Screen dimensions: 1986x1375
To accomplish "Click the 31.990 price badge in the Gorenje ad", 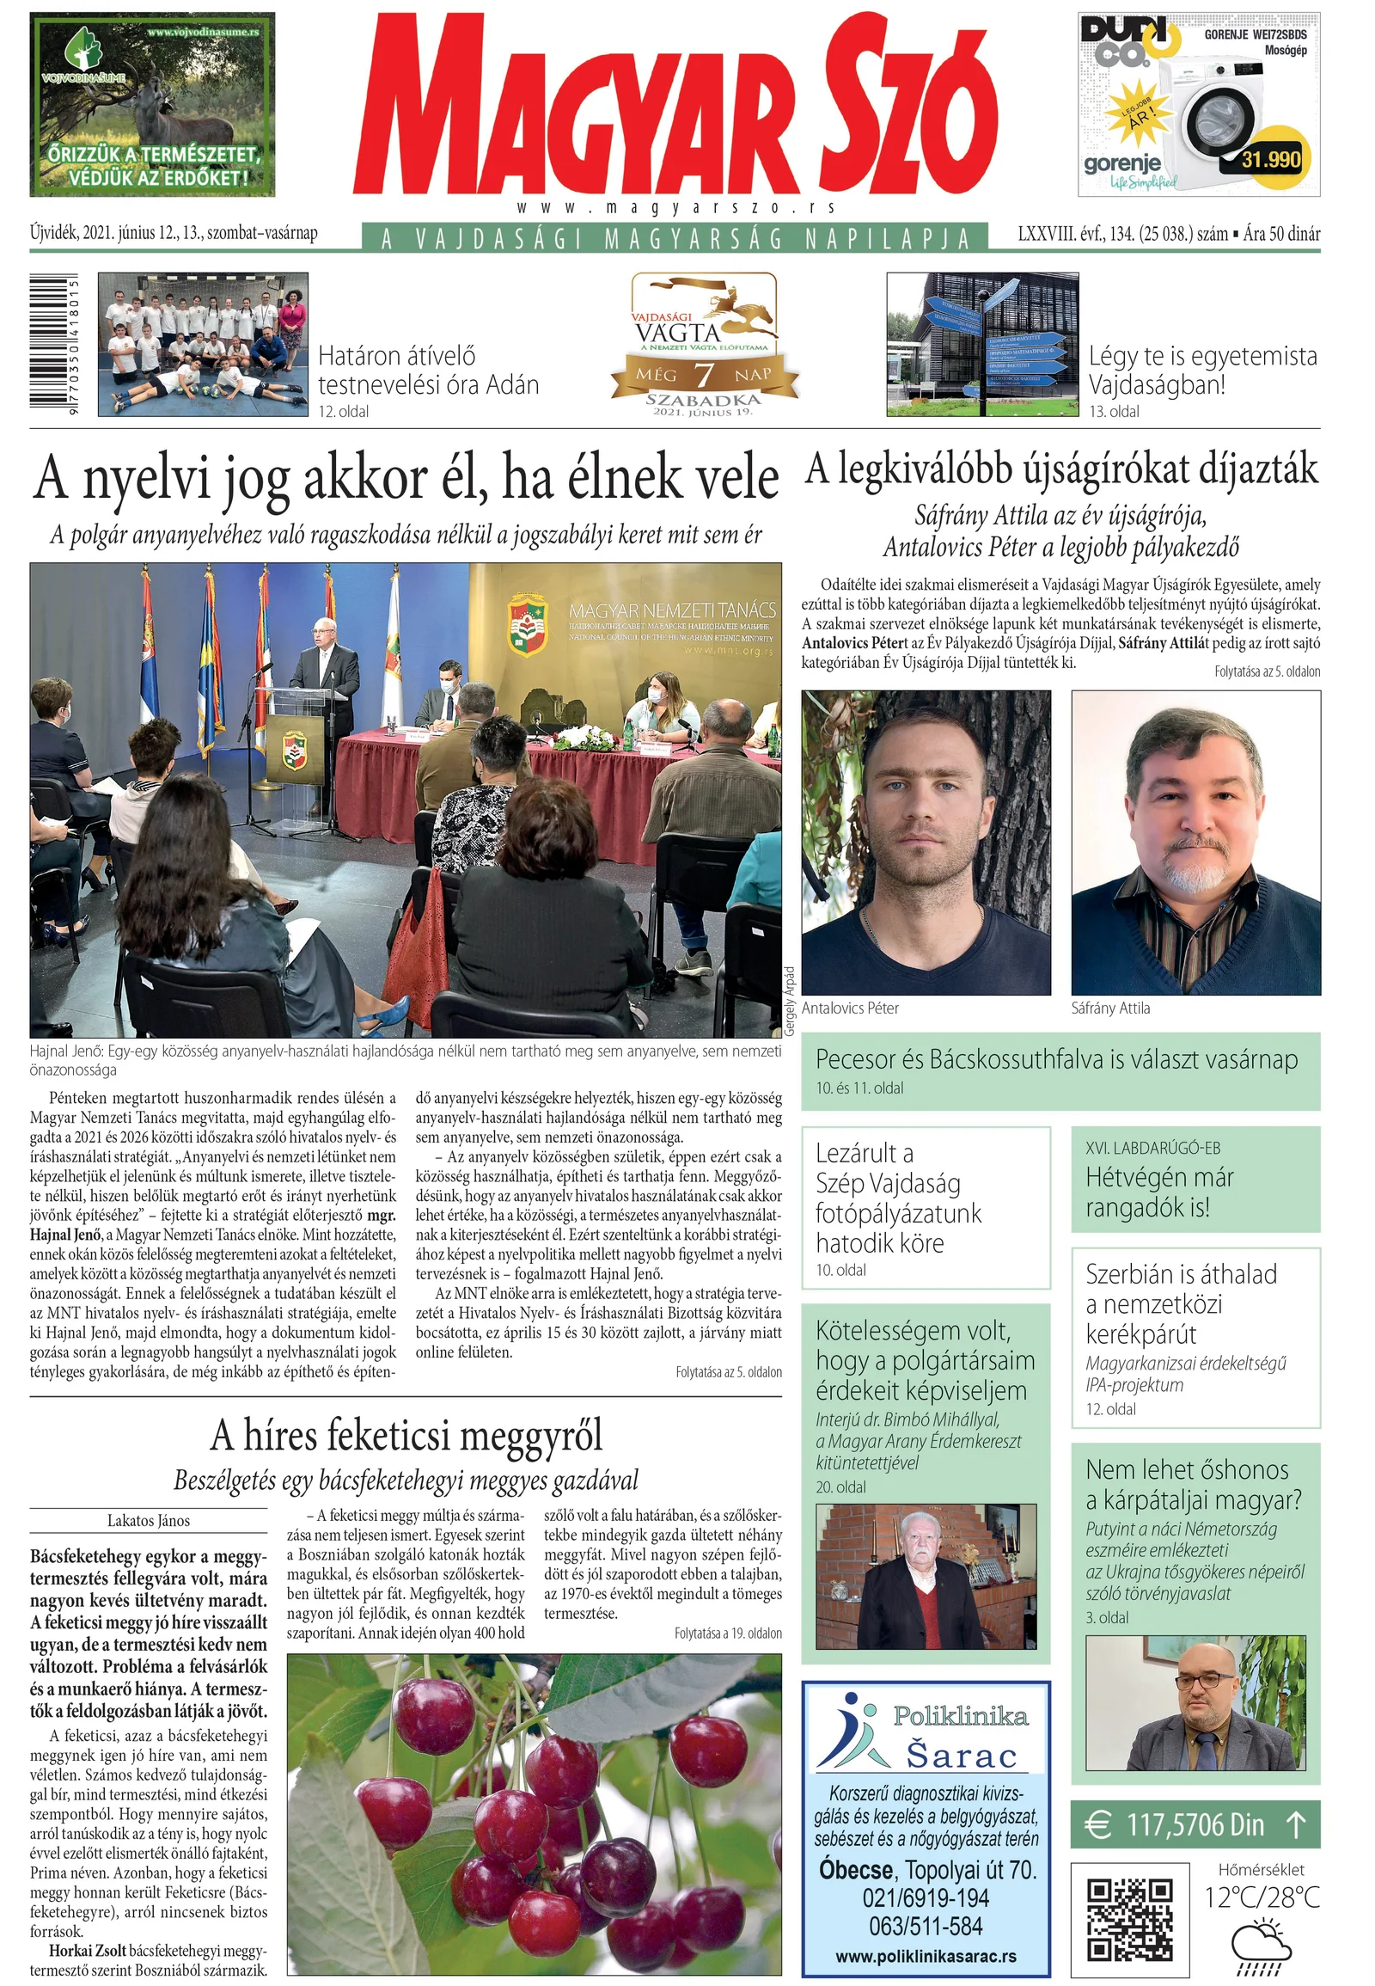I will (1271, 159).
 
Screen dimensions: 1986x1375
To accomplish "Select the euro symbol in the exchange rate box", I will (1097, 1825).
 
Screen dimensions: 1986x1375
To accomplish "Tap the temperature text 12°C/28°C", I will (1262, 1897).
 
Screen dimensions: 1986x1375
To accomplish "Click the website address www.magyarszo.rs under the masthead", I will (677, 208).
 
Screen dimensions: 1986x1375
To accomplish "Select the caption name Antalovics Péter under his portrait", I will (850, 1008).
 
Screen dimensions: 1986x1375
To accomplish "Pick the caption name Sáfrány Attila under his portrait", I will (1110, 1008).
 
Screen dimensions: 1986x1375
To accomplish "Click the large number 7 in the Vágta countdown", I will (704, 375).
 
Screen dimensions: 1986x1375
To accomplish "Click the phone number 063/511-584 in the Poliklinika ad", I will (926, 1927).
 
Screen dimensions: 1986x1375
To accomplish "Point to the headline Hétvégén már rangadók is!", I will (1159, 1192).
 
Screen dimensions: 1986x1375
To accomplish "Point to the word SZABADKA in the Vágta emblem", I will (704, 400).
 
